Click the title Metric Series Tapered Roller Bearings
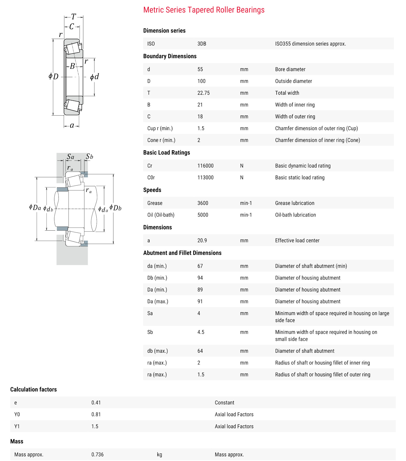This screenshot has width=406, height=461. tap(204, 10)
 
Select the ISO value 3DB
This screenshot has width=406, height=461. tap(202, 44)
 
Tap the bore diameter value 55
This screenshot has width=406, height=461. tap(200, 69)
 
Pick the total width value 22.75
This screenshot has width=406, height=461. tap(204, 93)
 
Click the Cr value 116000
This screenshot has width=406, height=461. tap(205, 166)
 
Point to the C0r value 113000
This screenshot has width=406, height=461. tap(205, 178)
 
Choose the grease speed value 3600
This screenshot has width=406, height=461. tap(203, 203)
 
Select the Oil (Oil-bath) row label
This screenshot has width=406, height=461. tap(161, 215)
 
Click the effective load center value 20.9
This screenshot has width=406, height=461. tap(202, 240)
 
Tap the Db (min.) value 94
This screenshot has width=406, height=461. tap(200, 278)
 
